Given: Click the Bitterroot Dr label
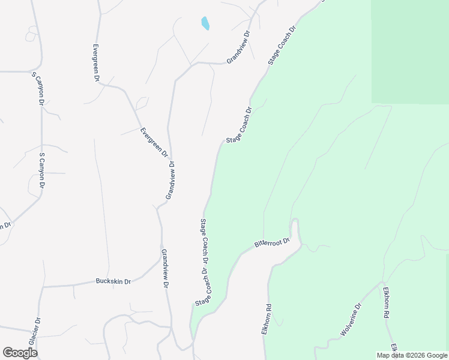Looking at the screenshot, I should (x=272, y=243).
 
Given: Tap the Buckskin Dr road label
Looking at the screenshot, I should (x=113, y=281).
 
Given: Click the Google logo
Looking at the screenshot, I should (x=20, y=353).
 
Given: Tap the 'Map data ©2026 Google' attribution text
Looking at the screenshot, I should (x=412, y=355).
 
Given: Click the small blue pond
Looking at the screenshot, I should (x=205, y=23).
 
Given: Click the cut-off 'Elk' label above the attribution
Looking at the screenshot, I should (x=394, y=348).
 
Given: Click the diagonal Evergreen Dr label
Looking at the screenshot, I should (x=154, y=142).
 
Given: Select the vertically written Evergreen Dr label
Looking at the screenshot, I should (x=95, y=62).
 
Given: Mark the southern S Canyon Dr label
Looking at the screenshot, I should (x=42, y=172).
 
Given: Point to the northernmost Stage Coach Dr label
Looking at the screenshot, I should (x=283, y=45).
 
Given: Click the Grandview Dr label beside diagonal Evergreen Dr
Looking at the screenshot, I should (x=170, y=180).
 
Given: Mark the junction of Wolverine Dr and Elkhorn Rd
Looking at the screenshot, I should (x=381, y=283).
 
